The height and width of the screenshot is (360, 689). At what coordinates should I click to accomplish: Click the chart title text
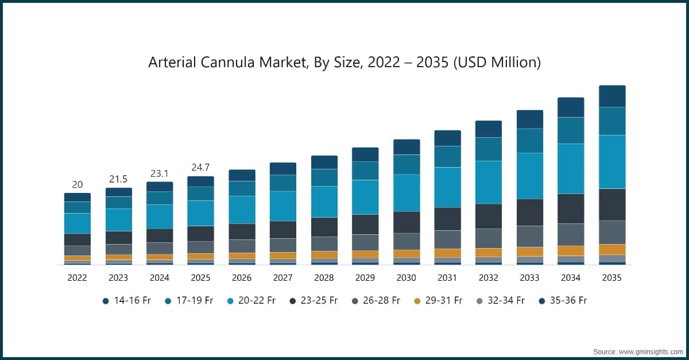click(344, 62)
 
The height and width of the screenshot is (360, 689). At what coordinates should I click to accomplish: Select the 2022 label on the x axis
click(77, 278)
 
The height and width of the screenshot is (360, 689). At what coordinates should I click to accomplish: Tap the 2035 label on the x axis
click(611, 278)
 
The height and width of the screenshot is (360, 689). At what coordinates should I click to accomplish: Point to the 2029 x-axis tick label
click(365, 278)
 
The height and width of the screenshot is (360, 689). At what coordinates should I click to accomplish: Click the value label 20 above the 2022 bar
click(77, 184)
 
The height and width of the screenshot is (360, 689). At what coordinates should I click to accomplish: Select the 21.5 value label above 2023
click(118, 179)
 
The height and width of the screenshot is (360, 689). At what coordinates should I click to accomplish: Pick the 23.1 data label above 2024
click(160, 173)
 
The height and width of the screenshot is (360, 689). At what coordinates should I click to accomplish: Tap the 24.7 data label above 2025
click(200, 168)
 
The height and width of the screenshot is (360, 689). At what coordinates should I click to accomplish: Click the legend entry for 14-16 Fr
click(126, 300)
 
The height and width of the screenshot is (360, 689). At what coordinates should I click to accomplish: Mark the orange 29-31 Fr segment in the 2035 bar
click(611, 249)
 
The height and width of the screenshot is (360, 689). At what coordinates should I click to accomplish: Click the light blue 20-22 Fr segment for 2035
click(611, 161)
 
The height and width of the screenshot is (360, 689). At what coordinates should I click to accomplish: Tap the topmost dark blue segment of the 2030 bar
click(407, 146)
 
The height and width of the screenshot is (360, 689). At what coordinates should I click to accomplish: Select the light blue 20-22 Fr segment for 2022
click(77, 223)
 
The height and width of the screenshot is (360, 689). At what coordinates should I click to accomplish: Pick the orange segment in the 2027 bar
click(283, 256)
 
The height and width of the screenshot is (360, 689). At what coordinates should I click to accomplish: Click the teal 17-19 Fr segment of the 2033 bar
click(529, 140)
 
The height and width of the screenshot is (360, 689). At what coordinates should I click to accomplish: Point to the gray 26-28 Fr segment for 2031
click(447, 239)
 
